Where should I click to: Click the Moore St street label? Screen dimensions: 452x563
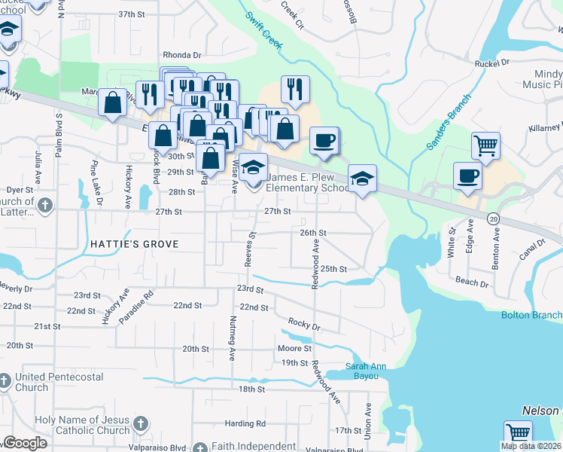click(294, 348)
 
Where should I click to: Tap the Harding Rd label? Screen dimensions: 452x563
click(245, 423)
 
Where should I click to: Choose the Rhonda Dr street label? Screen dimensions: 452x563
click(183, 55)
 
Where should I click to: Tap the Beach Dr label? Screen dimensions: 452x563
click(472, 281)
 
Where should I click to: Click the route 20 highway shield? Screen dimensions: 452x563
click(493, 218)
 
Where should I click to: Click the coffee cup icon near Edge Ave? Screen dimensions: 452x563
click(467, 176)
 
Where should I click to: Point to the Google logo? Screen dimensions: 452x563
click(25, 443)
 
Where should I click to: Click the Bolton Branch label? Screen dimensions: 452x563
click(531, 315)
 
